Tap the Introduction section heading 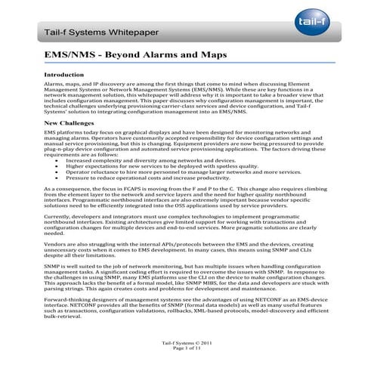[x=66, y=76]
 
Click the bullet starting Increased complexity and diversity [x=150, y=161]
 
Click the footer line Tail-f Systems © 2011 [x=187, y=344]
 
